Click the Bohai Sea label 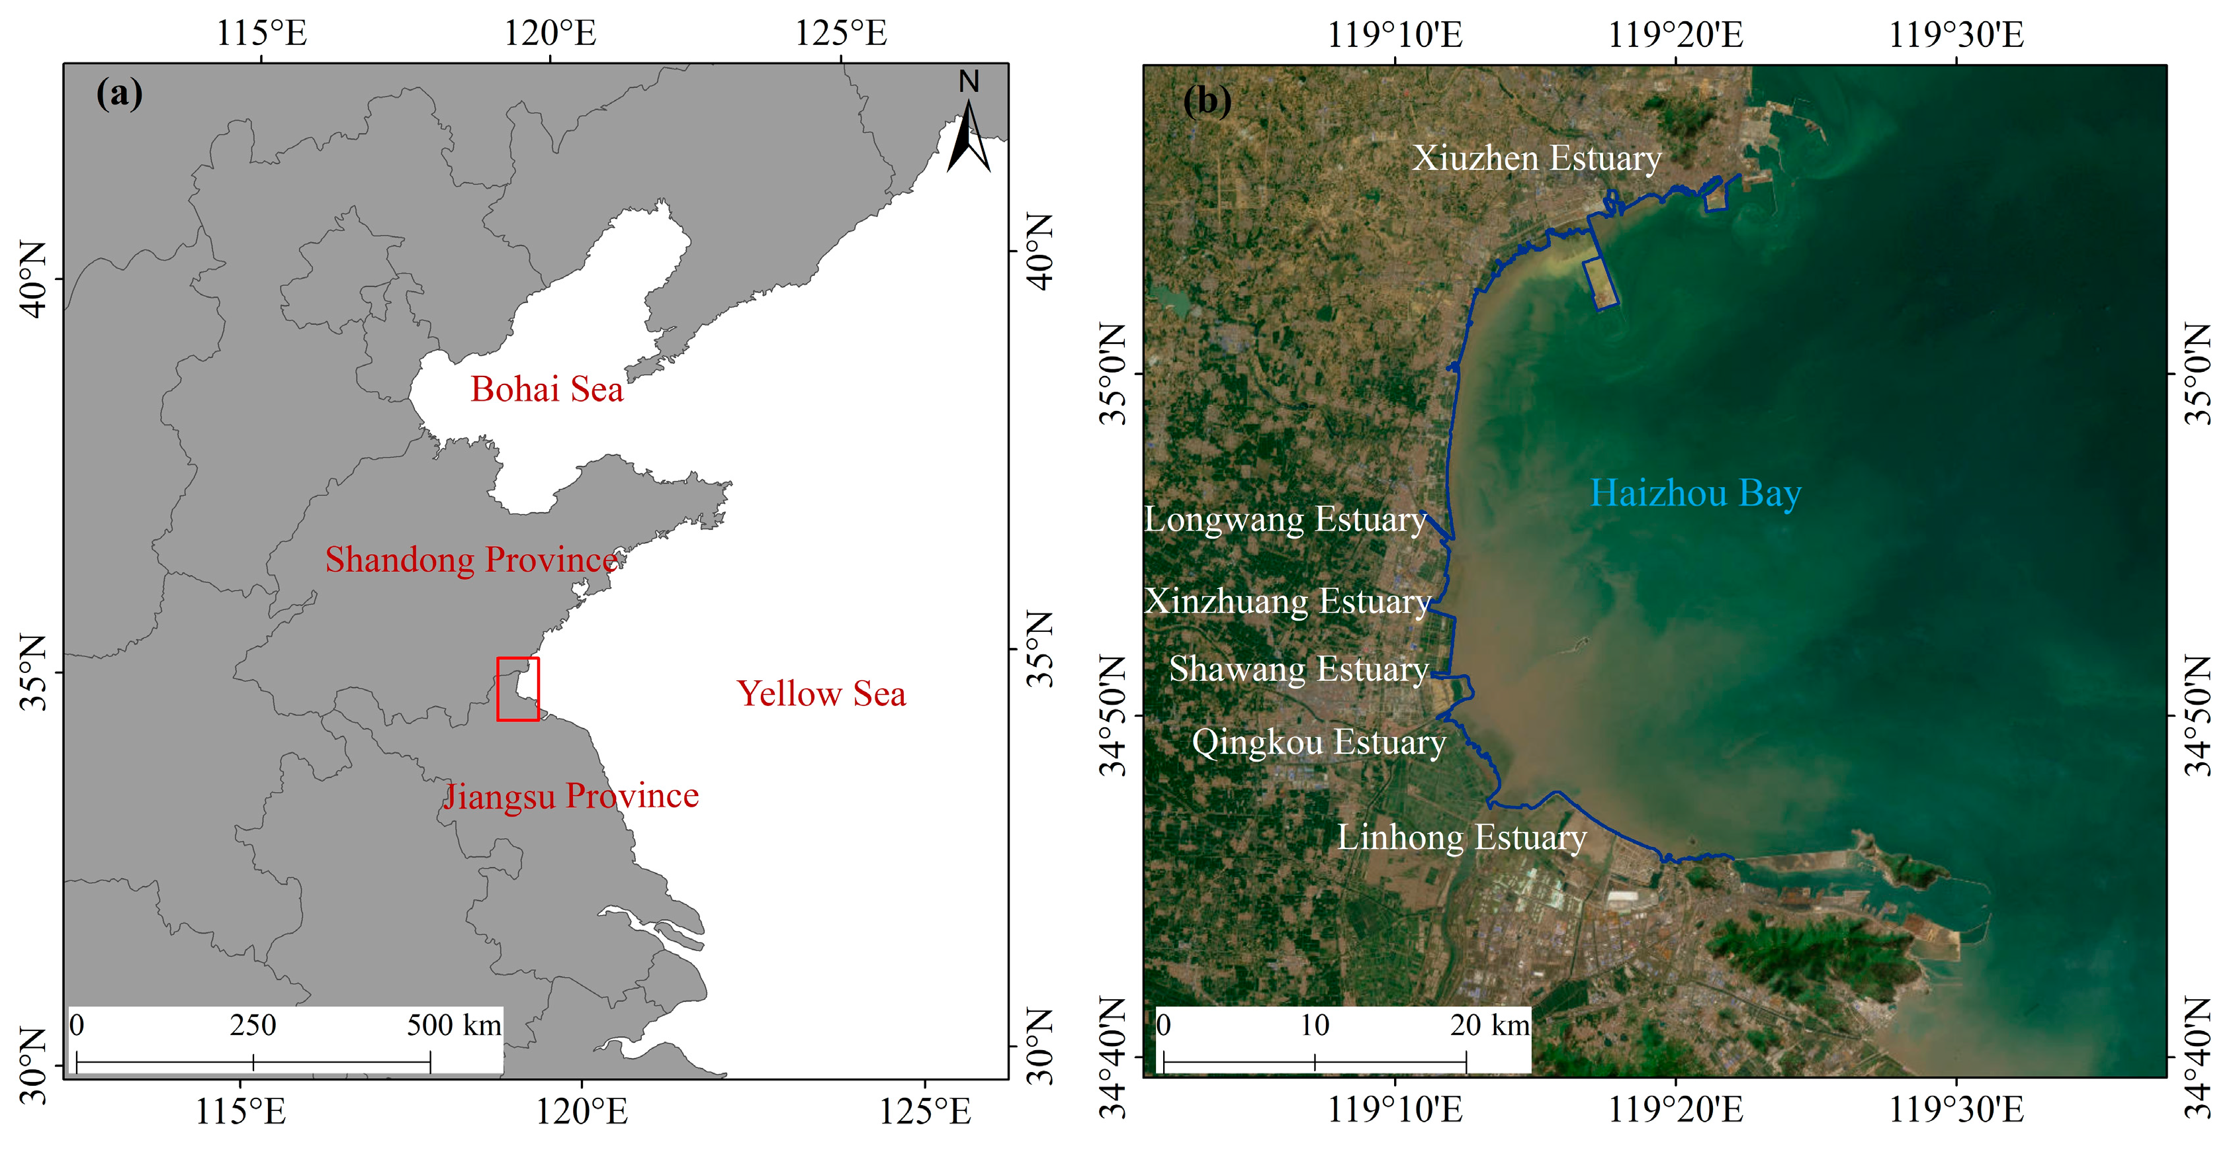[x=547, y=390]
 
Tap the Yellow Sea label [x=821, y=694]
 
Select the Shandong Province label [x=471, y=560]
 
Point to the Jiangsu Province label [x=571, y=795]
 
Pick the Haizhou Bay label [x=1695, y=494]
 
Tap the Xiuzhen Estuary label [x=1536, y=158]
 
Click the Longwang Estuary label [x=1285, y=519]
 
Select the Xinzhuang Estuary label [x=1287, y=601]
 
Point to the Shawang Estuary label [x=1299, y=669]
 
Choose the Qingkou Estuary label [x=1318, y=742]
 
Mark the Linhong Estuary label [x=1462, y=837]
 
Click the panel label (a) [x=120, y=93]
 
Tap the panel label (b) [x=1207, y=101]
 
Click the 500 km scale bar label [x=454, y=1025]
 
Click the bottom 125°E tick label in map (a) [x=925, y=1111]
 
